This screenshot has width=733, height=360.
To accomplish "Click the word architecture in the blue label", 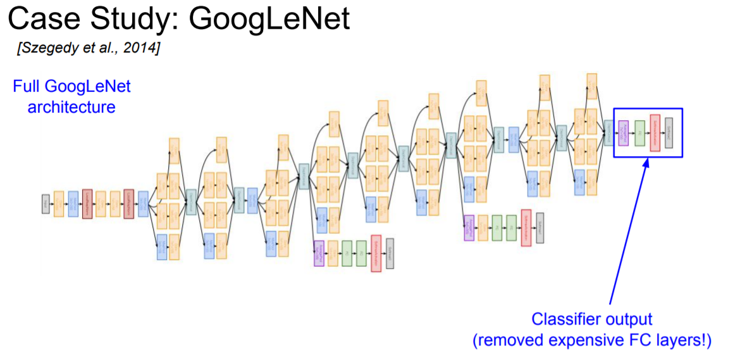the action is point(71,106).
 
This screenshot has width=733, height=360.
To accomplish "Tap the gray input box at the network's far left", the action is point(46,204).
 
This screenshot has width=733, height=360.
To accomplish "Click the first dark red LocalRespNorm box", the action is point(87,204).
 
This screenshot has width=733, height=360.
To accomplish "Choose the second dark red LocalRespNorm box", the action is point(129,204).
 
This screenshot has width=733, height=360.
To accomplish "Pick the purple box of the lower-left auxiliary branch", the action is point(319,253).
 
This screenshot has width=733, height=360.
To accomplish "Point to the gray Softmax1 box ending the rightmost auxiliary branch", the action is point(539,227).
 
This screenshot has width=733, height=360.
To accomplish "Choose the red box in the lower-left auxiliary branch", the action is point(376,253).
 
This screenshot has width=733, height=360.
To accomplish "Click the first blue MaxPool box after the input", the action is point(73,204).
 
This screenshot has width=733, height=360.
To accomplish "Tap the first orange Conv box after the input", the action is point(59,204).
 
